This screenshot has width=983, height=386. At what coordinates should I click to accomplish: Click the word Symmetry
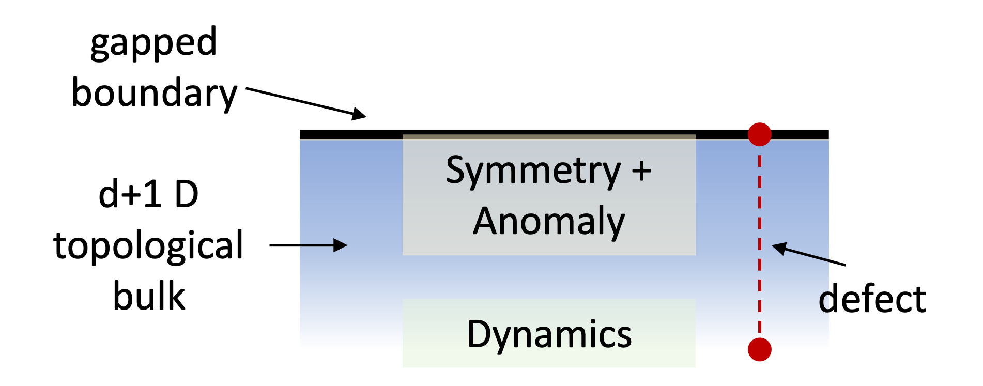tap(533, 171)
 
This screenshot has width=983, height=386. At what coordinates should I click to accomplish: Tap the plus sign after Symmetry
tap(641, 171)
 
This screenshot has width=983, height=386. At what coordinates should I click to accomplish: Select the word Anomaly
tap(549, 221)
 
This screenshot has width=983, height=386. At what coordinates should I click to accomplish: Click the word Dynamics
tap(549, 334)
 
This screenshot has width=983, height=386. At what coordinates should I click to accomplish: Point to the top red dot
tap(759, 134)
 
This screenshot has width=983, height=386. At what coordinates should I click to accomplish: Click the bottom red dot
tap(759, 350)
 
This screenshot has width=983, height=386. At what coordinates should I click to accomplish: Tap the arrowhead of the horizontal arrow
tap(341, 245)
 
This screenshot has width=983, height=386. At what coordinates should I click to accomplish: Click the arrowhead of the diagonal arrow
tap(778, 248)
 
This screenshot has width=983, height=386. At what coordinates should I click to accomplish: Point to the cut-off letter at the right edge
tap(824, 302)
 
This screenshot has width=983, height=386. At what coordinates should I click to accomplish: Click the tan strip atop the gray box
tap(549, 137)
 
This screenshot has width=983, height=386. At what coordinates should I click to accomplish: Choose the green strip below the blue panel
tap(549, 359)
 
